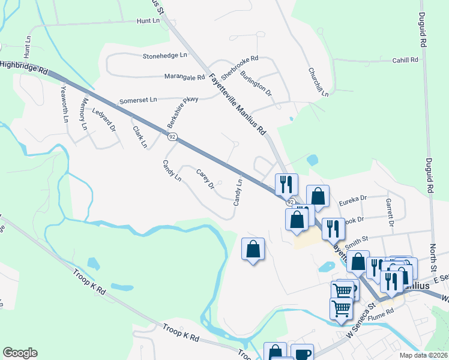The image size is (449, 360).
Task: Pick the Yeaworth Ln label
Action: (x=65, y=104)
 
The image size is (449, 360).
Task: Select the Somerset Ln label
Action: (x=138, y=101)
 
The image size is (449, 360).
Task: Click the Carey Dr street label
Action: (x=205, y=179)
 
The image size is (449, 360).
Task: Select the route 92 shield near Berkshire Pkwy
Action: (x=172, y=137)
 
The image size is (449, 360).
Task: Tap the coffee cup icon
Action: (x=302, y=353)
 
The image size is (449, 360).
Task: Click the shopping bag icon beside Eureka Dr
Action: (x=318, y=196)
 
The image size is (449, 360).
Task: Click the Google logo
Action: (x=20, y=353)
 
